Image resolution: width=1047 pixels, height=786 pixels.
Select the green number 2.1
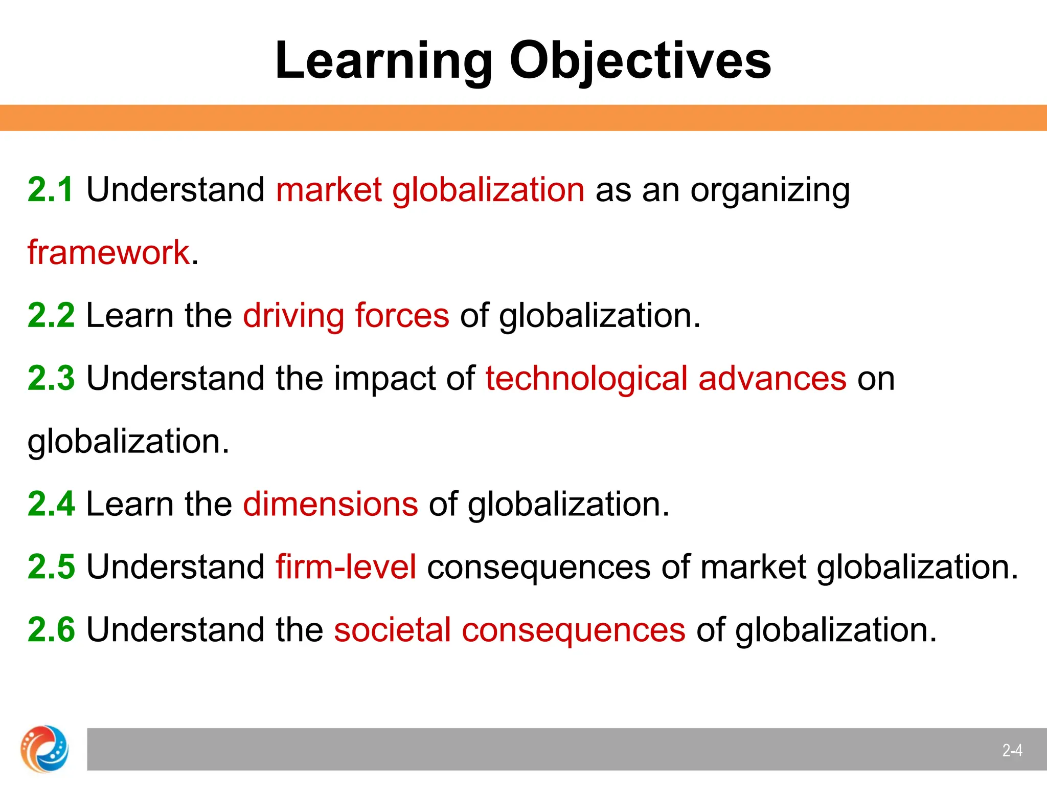(x=51, y=189)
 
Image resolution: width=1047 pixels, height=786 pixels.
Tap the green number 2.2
(x=51, y=315)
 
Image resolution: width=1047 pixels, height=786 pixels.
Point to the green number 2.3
(x=51, y=378)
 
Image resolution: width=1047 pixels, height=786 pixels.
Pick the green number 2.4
(x=51, y=504)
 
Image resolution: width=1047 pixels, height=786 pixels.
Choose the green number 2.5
(x=51, y=566)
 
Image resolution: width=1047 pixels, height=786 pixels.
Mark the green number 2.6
(x=51, y=629)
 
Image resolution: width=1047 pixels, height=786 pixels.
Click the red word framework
(x=109, y=252)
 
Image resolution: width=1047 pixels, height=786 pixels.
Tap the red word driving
(x=293, y=315)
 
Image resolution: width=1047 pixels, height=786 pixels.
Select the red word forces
(x=402, y=315)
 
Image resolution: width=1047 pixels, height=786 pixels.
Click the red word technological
(x=586, y=378)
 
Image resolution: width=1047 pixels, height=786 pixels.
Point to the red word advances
(x=772, y=378)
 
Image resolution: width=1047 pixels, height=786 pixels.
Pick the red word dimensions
(x=330, y=504)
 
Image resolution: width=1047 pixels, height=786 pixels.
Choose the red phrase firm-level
(x=346, y=566)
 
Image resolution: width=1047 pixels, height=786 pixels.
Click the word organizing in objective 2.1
(x=770, y=190)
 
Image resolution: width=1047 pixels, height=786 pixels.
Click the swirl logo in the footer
(x=44, y=749)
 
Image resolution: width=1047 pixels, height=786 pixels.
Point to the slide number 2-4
(x=1012, y=751)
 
